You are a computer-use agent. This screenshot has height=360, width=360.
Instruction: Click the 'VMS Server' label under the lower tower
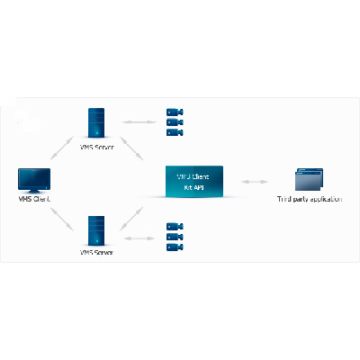coord(96,252)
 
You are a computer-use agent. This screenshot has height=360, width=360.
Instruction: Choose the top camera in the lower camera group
coord(173,227)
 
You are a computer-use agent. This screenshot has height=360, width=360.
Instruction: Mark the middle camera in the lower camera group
coord(173,237)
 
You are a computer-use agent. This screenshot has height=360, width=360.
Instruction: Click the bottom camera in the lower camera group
coord(173,247)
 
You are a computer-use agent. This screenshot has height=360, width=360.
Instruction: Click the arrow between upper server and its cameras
coord(136,121)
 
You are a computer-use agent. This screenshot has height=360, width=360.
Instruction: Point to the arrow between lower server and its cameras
coord(136,237)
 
